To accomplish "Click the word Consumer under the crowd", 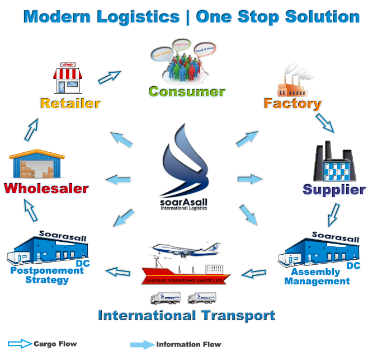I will tap(186, 91).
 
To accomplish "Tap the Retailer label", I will tap(70, 103).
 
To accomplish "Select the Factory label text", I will tap(292, 104).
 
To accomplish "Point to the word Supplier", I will tap(334, 190).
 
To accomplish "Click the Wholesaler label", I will tap(46, 188).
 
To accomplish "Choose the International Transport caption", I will tap(186, 316).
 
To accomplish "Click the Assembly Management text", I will tap(317, 277).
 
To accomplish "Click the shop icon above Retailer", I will tap(68, 78).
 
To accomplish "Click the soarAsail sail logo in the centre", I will tap(185, 162).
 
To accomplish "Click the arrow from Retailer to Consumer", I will tap(110, 77).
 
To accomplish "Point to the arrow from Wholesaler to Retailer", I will tap(32, 129).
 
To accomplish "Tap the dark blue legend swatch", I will tap(21, 344).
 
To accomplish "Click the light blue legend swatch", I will tap(142, 344).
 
